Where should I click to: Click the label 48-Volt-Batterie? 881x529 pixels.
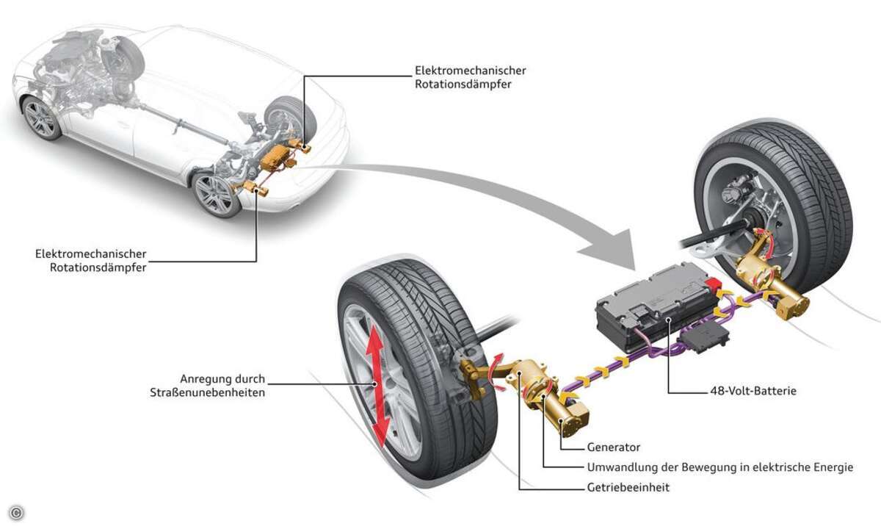pos(753,391)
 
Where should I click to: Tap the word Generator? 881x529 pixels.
pos(614,447)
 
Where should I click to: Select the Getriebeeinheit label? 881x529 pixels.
pos(628,487)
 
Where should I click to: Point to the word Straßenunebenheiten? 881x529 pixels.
pos(207,392)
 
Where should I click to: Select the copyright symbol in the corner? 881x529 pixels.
pos(16,513)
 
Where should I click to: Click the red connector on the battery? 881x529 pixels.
pos(712,283)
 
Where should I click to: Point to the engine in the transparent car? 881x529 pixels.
pos(67,63)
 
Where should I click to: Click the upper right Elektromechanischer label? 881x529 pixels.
pos(471,71)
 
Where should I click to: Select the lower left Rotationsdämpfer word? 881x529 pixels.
pos(98,267)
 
